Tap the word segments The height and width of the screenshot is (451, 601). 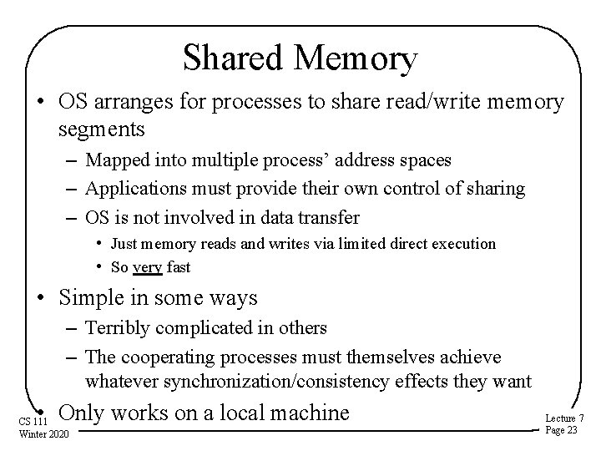click(x=102, y=129)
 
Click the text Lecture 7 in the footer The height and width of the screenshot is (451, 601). click(x=564, y=418)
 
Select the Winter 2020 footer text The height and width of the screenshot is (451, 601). click(x=45, y=433)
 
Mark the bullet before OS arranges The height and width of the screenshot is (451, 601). click(x=40, y=102)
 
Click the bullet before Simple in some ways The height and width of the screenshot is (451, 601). click(x=40, y=297)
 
